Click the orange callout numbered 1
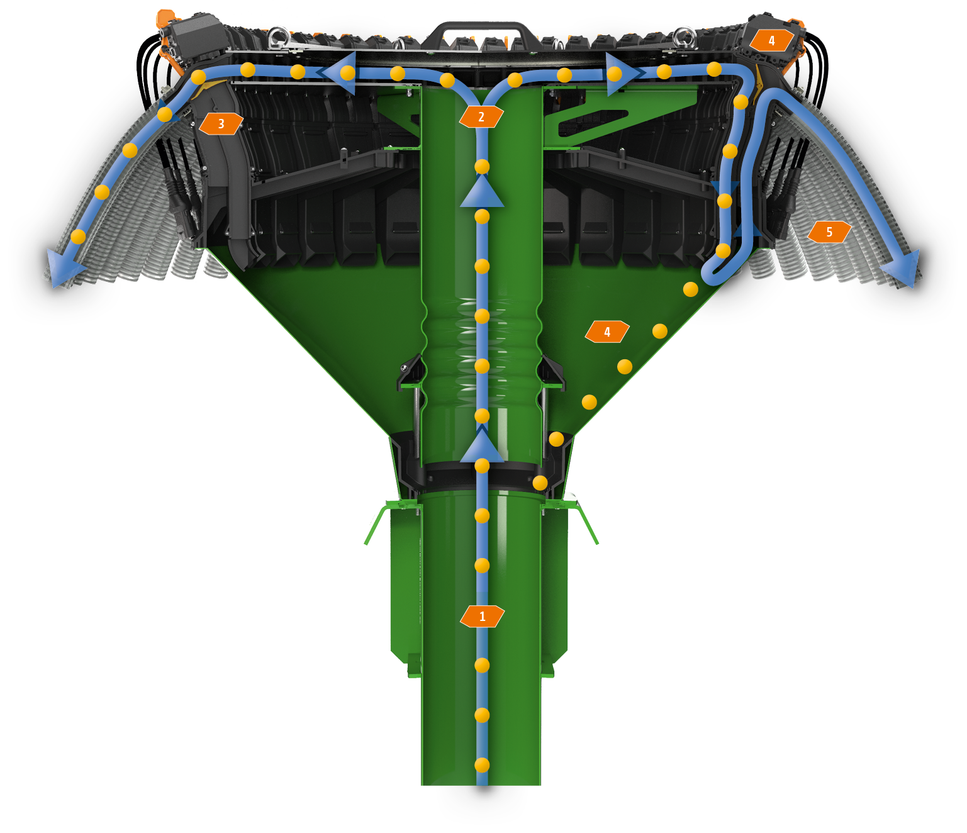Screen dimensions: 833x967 pyautogui.click(x=482, y=617)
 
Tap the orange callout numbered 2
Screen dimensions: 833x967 pyautogui.click(x=481, y=116)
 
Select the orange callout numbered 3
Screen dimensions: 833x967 pyautogui.click(x=221, y=124)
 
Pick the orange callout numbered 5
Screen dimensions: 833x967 pyautogui.click(x=829, y=232)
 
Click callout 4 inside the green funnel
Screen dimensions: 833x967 pyautogui.click(x=607, y=332)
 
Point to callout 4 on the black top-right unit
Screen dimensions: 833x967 pyautogui.click(x=771, y=40)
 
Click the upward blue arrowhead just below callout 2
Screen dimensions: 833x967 pyautogui.click(x=482, y=192)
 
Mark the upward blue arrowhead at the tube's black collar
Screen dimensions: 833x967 pyautogui.click(x=482, y=447)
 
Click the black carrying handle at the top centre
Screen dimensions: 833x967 pyautogui.click(x=482, y=31)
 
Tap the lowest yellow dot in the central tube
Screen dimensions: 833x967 pyautogui.click(x=482, y=765)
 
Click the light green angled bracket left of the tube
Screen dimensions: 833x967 pyautogui.click(x=377, y=522)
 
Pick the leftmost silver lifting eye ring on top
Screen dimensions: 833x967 pyautogui.click(x=275, y=36)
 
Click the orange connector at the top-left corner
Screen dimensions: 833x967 pyautogui.click(x=166, y=19)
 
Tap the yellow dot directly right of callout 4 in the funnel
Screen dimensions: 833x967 pyautogui.click(x=659, y=331)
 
